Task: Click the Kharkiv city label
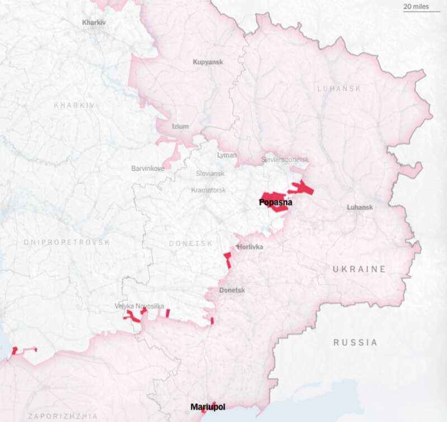(94, 22)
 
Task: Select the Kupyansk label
(208, 62)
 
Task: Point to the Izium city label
(180, 126)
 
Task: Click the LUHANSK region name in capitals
(339, 89)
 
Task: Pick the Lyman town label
(227, 155)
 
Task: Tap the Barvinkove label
(148, 168)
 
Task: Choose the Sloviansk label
(211, 174)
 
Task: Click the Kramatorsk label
(208, 190)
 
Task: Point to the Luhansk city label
(360, 207)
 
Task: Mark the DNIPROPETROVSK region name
(67, 242)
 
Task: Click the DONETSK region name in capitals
(191, 244)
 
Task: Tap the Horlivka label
(250, 247)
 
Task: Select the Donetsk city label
(232, 290)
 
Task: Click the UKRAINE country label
(359, 269)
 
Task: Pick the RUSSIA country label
(355, 342)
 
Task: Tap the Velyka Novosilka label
(139, 306)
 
